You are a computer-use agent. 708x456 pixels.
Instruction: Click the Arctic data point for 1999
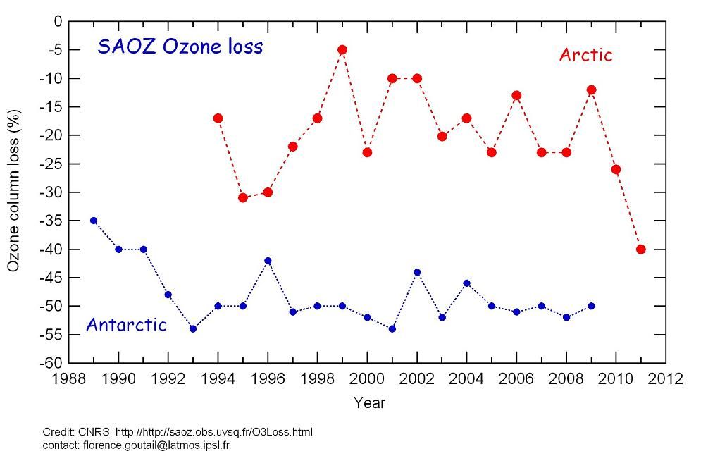click(x=342, y=50)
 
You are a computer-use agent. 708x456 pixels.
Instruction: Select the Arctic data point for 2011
click(x=640, y=249)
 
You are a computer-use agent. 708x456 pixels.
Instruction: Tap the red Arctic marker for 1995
click(x=243, y=197)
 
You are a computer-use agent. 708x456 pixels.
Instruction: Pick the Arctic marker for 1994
click(x=218, y=118)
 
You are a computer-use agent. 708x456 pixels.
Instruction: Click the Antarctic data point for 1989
click(x=94, y=221)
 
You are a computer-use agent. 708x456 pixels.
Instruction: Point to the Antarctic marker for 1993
click(x=193, y=328)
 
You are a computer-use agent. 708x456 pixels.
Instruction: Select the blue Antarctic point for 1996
click(x=268, y=261)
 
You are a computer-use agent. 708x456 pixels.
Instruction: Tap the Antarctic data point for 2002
click(x=417, y=272)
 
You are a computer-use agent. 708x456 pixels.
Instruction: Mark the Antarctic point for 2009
click(x=591, y=306)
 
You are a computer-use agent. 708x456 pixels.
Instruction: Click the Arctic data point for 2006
click(x=516, y=95)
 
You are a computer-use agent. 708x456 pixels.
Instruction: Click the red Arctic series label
click(x=585, y=55)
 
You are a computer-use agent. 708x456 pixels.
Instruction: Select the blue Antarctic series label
click(x=126, y=325)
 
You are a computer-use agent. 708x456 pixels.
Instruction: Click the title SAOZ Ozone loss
click(x=180, y=47)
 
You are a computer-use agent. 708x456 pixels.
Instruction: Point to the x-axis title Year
click(x=369, y=403)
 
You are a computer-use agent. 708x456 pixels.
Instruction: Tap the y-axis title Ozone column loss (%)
click(x=13, y=190)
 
